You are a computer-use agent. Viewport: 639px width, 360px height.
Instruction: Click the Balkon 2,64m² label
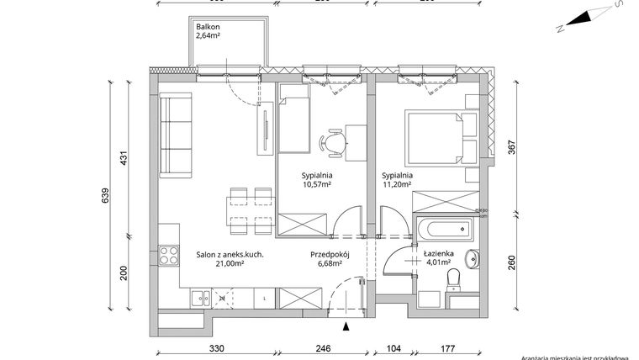(209, 31)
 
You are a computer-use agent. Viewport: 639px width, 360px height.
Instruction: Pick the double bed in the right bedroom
(439, 137)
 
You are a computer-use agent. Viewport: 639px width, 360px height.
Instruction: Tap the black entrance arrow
(346, 326)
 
